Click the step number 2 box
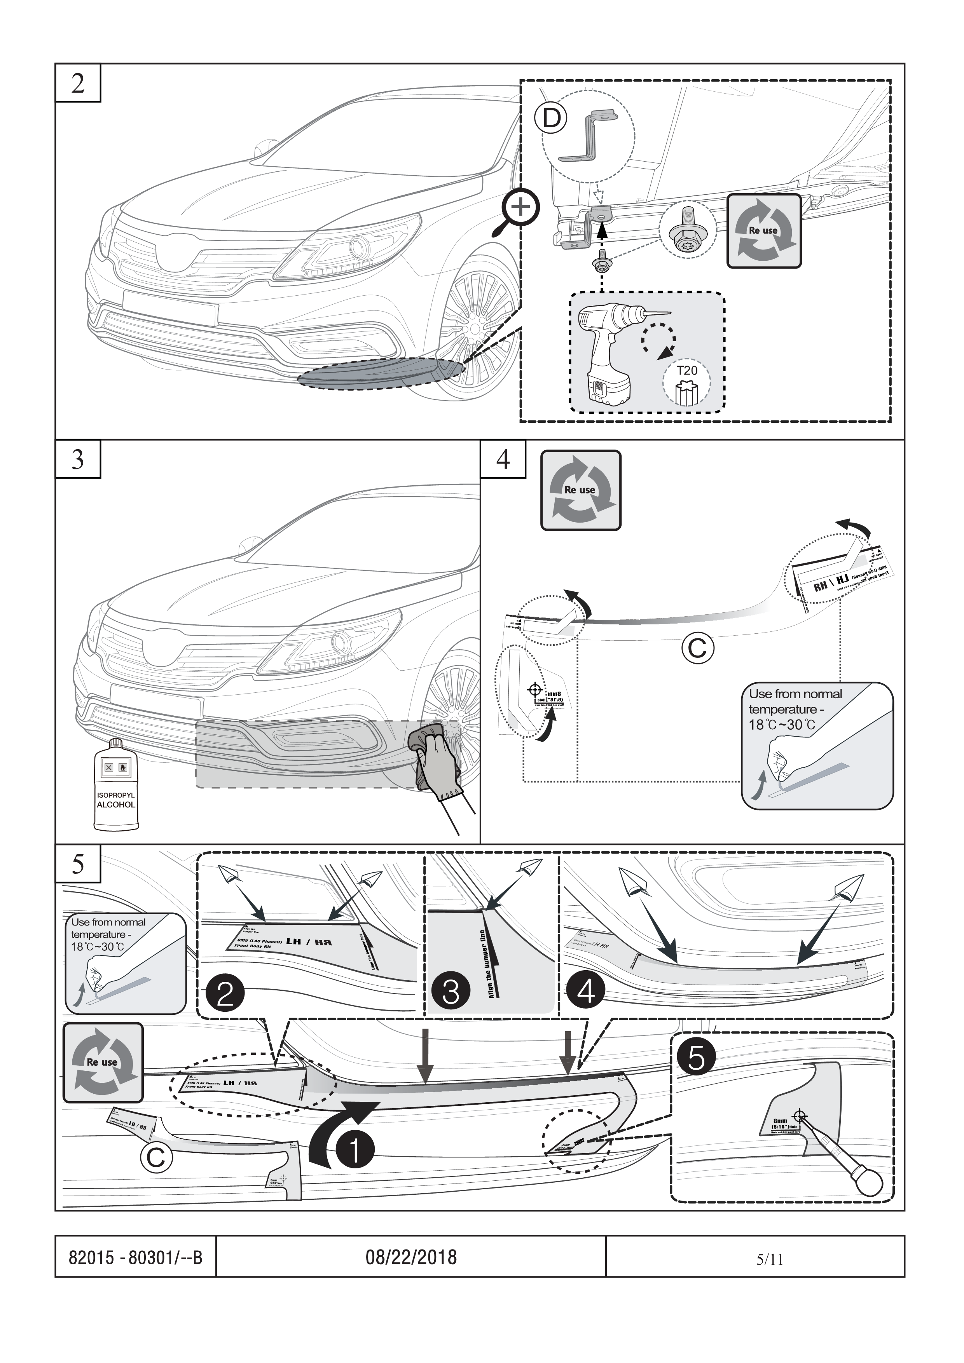pyautogui.click(x=78, y=84)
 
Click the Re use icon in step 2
pyautogui.click(x=764, y=230)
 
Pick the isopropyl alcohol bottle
pyautogui.click(x=116, y=784)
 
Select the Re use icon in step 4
pyautogui.click(x=580, y=490)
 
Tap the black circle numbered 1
pyautogui.click(x=355, y=1149)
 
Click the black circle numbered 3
pyautogui.click(x=451, y=992)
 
